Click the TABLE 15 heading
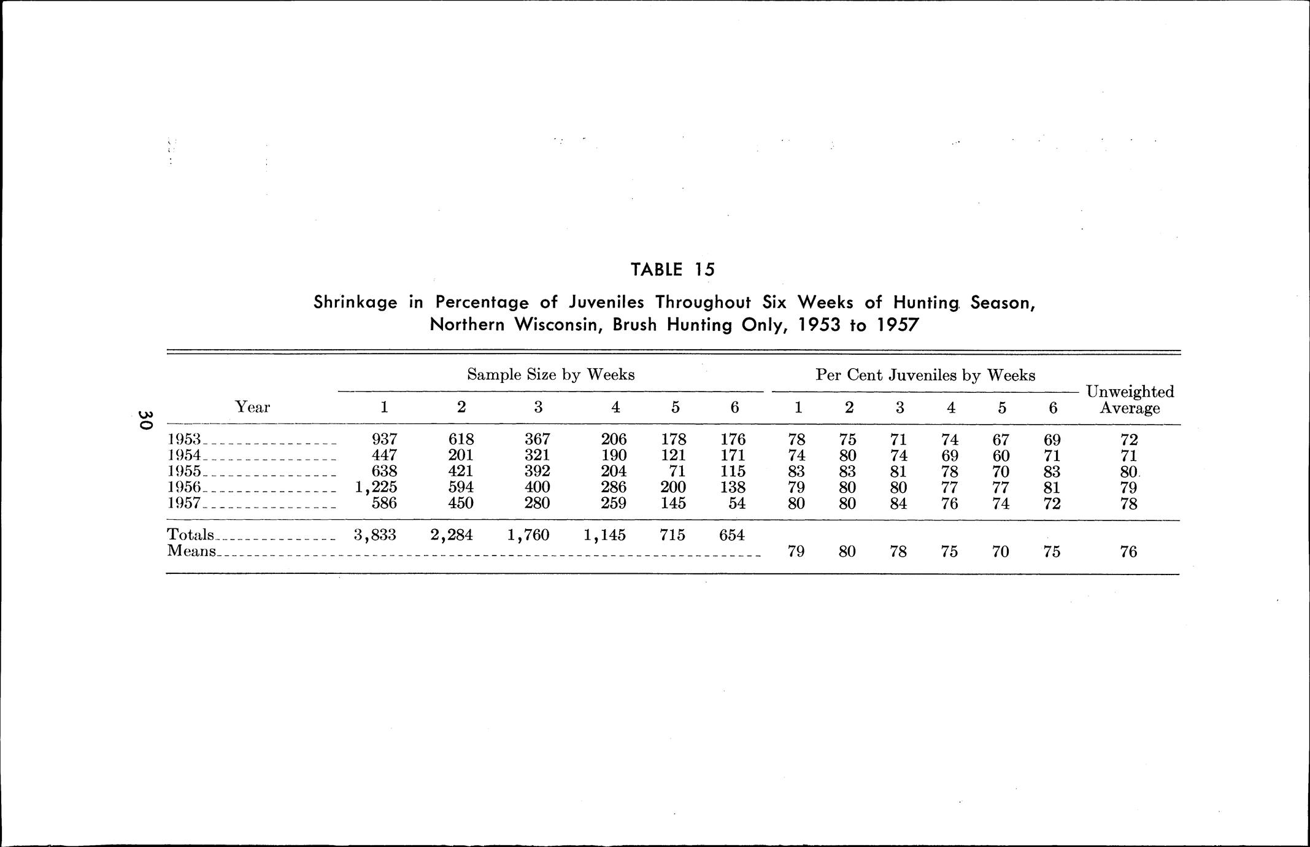672,269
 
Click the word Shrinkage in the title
355,303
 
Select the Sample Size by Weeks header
550,374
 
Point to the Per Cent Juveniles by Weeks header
925,375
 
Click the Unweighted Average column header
1130,400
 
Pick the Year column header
252,407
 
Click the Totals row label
190,535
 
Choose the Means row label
191,551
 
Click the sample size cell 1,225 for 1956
376,487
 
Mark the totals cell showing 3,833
375,535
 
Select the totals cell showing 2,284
452,535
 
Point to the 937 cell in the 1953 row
385,439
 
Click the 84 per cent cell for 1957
899,504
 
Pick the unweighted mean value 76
1128,552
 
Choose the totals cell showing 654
732,535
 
